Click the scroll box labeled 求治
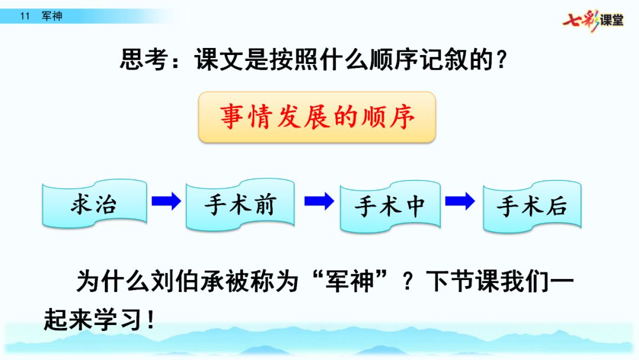click(x=94, y=204)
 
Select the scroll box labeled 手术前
click(x=240, y=204)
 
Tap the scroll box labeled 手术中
click(x=390, y=205)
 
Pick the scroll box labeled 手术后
click(x=531, y=205)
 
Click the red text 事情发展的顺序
click(x=317, y=117)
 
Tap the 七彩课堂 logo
click(x=593, y=20)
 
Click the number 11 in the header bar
click(x=24, y=17)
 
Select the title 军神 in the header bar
click(x=52, y=17)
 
